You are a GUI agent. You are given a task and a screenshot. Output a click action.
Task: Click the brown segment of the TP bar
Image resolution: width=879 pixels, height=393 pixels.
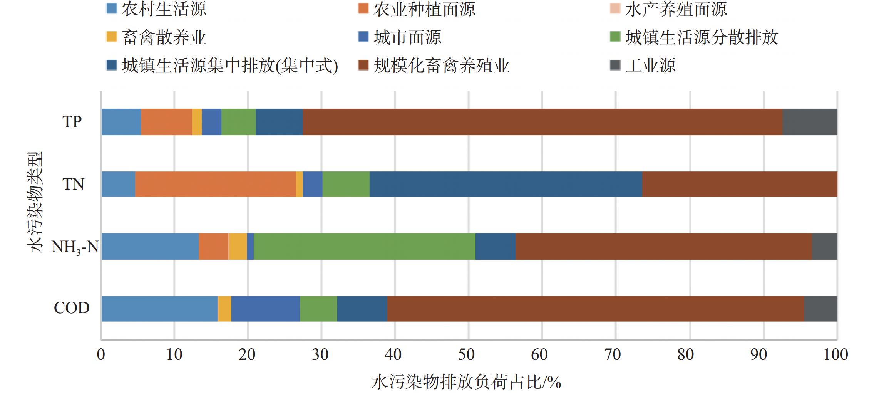coord(542,122)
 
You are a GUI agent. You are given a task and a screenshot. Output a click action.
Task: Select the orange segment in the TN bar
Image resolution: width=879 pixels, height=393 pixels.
coord(215,184)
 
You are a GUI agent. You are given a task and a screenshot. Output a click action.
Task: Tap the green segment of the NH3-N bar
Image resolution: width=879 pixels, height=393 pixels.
coord(364,247)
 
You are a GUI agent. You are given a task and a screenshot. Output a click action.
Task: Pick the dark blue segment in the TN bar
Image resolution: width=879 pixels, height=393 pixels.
coord(506,184)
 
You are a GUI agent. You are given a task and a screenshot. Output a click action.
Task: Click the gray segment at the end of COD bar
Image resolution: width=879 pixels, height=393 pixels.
coord(820,309)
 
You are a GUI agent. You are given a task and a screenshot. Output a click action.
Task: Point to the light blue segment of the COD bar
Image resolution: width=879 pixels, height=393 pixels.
coord(159,309)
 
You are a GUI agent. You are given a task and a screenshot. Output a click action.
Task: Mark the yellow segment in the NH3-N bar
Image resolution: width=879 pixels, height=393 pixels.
coord(238,247)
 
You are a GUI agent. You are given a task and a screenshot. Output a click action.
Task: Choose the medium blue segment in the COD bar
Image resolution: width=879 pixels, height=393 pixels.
coord(265,309)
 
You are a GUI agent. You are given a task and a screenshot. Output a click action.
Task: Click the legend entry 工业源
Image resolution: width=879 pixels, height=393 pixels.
coord(650,65)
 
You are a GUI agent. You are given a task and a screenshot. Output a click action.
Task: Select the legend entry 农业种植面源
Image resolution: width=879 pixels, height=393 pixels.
coord(424,9)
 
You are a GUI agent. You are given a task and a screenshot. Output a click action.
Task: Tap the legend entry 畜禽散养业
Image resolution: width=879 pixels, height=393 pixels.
coord(164,37)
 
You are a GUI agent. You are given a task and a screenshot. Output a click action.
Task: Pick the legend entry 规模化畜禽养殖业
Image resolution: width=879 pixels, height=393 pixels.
coord(441,65)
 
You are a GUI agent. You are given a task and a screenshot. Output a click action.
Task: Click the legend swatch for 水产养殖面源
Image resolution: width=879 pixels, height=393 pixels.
coord(615,8)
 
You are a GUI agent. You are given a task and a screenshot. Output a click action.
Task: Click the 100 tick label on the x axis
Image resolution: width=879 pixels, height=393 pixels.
coord(835,354)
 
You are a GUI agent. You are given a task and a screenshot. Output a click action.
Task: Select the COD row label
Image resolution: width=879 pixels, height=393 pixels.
coord(72,308)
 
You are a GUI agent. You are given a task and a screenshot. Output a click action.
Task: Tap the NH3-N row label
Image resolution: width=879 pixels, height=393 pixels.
coord(75,247)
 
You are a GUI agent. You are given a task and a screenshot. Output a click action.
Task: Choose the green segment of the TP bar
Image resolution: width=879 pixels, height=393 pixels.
coord(238,122)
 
